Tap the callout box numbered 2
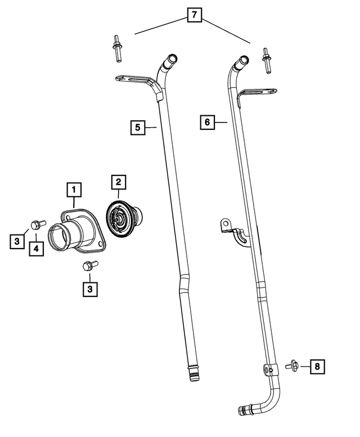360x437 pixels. (x=118, y=182)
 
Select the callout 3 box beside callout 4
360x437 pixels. (x=17, y=241)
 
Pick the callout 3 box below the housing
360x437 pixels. (x=89, y=289)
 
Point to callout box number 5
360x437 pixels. (x=137, y=128)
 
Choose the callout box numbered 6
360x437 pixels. (x=208, y=122)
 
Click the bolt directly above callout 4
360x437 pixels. (x=35, y=225)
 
